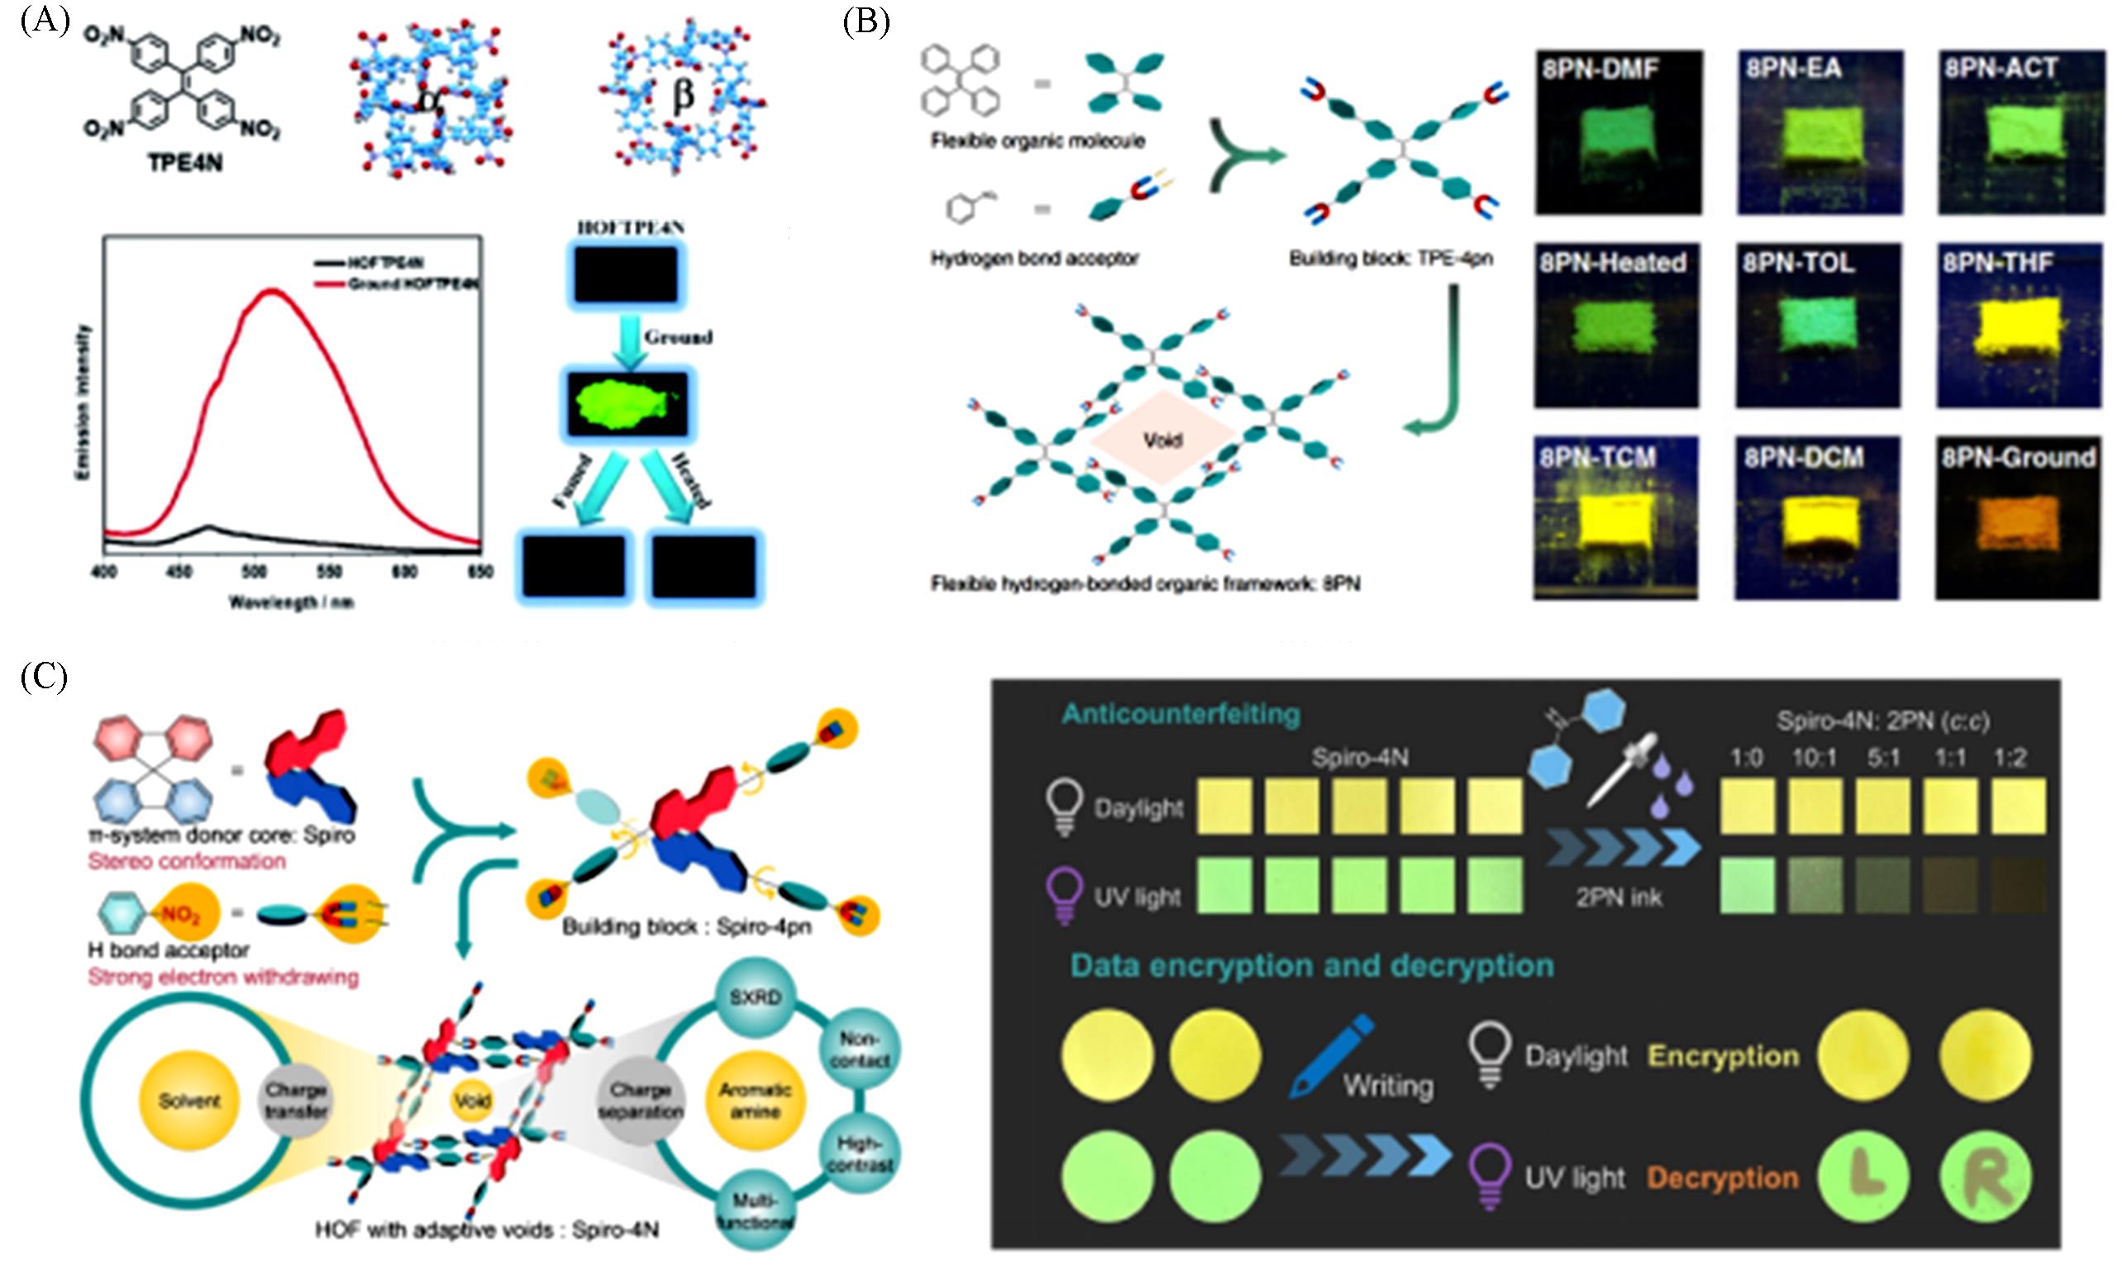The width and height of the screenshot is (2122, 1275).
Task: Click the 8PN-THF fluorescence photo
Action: tap(2019, 326)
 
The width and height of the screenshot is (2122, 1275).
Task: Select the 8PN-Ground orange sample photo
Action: tap(2017, 518)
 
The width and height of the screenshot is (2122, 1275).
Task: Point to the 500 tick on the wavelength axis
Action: tap(254, 571)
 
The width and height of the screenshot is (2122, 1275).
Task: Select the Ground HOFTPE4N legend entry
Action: tap(412, 283)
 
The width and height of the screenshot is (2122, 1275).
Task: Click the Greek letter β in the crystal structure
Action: tap(684, 94)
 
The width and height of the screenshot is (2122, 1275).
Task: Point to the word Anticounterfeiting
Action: tap(1181, 714)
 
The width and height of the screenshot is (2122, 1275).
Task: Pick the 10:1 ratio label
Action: tap(1814, 758)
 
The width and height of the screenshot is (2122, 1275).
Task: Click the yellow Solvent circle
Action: tap(189, 1101)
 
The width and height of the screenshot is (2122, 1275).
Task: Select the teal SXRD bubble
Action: tap(755, 997)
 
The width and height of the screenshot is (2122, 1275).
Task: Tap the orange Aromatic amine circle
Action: tap(755, 1101)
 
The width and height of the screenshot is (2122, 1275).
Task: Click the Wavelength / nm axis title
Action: tap(291, 602)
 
